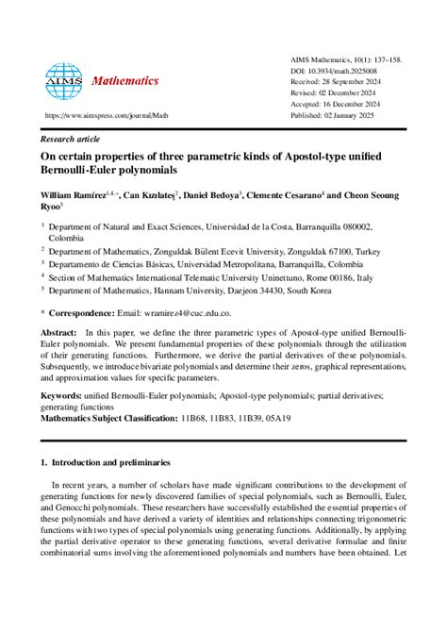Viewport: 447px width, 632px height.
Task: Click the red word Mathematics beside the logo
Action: point(125,81)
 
